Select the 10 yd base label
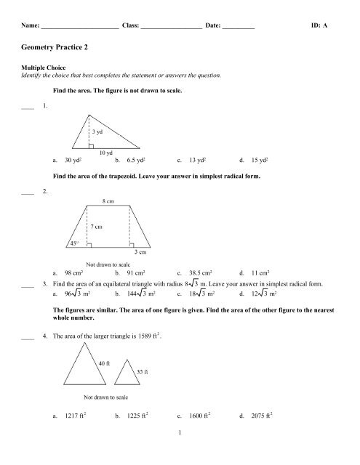pos(106,153)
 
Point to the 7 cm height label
pos(101,227)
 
